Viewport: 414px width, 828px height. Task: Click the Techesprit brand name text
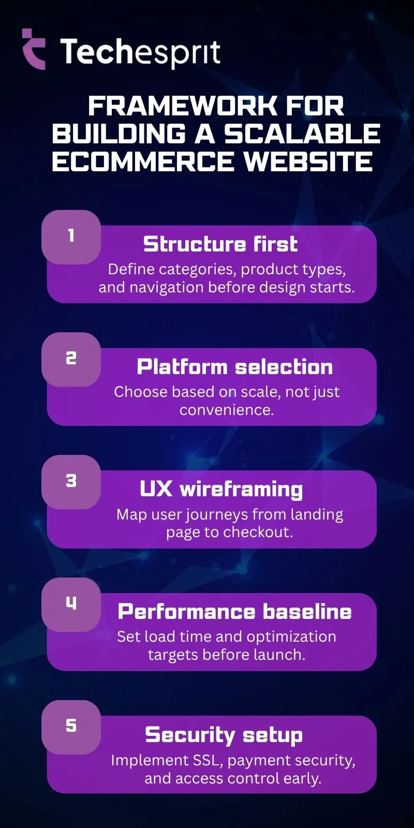140,52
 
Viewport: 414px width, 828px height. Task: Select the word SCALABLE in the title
302,134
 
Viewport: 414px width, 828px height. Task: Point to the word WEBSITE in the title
308,161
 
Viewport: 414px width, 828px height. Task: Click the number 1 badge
71,236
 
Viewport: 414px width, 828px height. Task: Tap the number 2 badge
71,359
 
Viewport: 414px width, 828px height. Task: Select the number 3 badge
71,481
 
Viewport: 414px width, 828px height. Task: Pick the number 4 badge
71,603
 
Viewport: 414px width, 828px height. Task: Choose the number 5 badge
71,726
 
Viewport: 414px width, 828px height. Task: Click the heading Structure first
220,244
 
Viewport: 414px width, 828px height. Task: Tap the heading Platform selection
234,367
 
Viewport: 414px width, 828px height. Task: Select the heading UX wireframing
221,490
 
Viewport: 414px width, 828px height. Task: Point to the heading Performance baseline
234,612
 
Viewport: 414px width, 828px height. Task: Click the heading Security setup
224,735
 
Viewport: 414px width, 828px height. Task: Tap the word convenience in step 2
226,410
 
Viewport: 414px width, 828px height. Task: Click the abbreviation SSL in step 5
208,760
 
